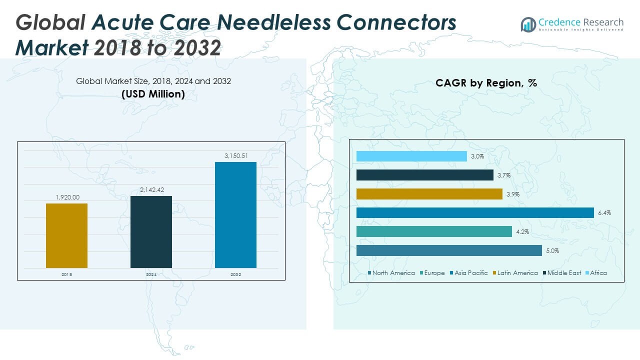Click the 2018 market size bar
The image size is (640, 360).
tap(66, 235)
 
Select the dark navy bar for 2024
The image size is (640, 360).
tap(151, 232)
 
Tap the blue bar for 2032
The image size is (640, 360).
tap(235, 215)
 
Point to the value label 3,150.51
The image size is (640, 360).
tap(235, 156)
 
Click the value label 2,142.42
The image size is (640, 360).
tap(151, 190)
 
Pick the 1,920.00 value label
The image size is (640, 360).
tap(67, 197)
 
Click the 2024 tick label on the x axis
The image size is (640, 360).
tap(151, 274)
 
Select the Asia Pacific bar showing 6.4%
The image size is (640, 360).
tap(475, 213)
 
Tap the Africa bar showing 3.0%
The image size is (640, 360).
tap(411, 156)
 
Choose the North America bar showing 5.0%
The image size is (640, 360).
tap(449, 250)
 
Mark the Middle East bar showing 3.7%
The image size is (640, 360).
tap(425, 175)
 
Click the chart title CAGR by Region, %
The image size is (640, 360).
tap(486, 83)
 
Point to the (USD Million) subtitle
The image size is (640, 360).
tap(153, 94)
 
